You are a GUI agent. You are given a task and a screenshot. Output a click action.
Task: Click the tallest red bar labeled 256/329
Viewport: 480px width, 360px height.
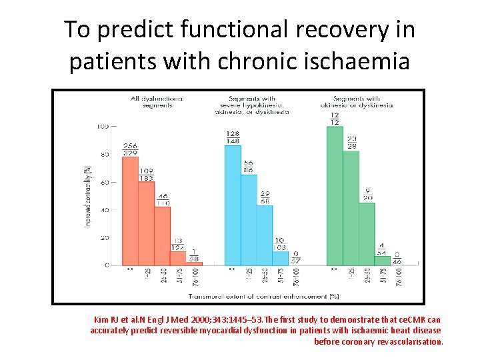coord(130,211)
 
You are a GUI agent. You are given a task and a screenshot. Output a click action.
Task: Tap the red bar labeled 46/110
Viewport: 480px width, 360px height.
coord(162,236)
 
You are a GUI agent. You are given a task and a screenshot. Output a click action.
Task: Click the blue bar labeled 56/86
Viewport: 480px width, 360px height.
coord(249,220)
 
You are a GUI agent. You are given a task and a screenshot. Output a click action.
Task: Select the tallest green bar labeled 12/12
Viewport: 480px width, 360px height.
coord(335,196)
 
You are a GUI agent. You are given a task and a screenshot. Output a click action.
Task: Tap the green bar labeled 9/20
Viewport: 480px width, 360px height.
coord(367,234)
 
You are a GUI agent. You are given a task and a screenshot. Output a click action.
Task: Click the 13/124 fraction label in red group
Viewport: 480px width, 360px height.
coord(178,245)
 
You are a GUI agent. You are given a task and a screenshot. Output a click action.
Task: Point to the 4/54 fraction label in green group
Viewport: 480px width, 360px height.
coord(383,249)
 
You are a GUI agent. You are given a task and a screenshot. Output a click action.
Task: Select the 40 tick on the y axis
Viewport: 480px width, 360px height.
coord(104,210)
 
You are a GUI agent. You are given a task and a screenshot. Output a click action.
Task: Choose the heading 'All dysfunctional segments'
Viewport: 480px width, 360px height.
coord(157,102)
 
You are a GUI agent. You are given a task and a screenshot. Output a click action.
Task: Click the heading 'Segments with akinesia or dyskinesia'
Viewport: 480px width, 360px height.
coord(363,102)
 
